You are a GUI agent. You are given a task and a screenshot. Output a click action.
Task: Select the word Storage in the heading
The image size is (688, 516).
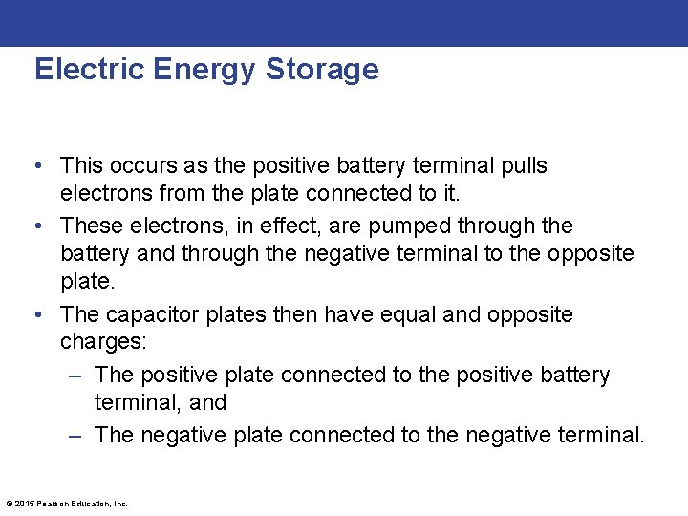[x=322, y=70]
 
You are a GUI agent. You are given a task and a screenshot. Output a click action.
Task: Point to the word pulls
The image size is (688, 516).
[x=522, y=166]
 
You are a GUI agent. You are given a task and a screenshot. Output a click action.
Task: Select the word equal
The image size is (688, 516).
[x=409, y=315]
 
